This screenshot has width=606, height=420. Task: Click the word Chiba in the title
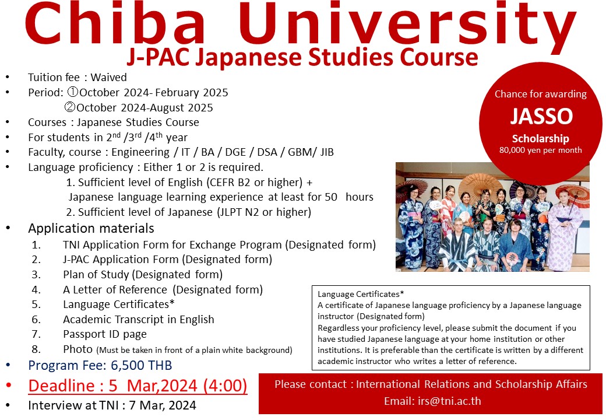[115, 23]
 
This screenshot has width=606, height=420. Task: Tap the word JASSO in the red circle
[541, 116]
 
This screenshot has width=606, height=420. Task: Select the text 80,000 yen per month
[540, 150]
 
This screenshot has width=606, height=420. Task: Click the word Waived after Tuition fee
[108, 78]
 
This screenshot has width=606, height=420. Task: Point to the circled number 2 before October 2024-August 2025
[70, 107]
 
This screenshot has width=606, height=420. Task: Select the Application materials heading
[91, 228]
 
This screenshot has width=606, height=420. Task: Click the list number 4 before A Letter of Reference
[36, 290]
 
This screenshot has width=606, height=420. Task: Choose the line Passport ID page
[105, 334]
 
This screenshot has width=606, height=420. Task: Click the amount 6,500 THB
[141, 365]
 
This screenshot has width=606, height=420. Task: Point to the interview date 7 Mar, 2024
[163, 405]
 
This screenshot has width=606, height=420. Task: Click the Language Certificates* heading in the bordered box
[361, 295]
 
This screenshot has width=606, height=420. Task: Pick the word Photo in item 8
[77, 349]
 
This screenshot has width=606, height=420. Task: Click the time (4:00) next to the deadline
[225, 386]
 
